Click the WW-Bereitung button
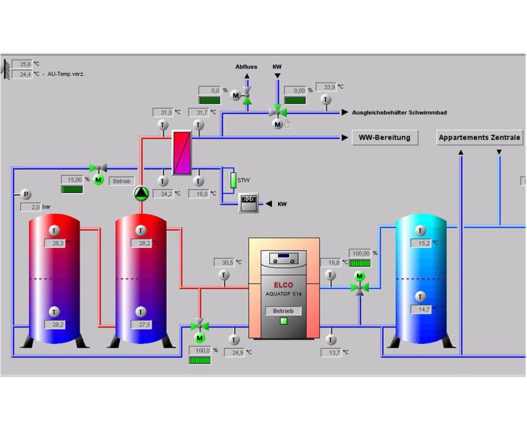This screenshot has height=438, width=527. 385,138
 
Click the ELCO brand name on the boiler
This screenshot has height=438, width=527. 283,285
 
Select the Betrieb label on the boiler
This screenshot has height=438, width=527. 283,311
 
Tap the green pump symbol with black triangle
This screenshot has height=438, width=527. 141,194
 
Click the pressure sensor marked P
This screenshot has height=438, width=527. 25,194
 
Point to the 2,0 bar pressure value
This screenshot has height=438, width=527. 30,207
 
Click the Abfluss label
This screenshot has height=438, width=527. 247,67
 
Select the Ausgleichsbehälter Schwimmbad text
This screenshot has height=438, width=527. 399,112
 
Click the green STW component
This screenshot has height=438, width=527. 232,180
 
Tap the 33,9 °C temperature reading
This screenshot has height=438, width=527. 326,87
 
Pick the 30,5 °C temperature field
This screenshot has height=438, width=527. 223,263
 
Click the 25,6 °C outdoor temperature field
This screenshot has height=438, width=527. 22,64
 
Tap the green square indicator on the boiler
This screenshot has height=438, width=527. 283,321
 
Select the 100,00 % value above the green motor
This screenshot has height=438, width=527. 360,253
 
